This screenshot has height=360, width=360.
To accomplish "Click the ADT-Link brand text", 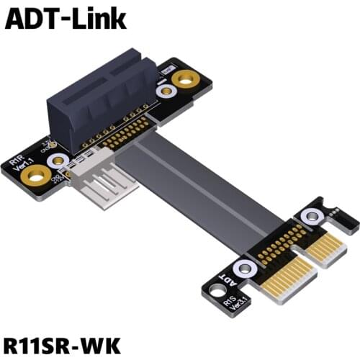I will point(66,19).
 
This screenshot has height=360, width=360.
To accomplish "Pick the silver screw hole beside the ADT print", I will point(245,269).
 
